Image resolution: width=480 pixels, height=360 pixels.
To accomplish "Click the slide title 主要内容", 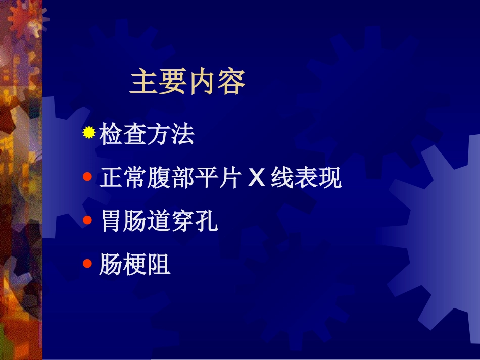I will [x=187, y=82].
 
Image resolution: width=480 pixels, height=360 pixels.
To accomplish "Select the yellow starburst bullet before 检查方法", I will [x=89, y=133].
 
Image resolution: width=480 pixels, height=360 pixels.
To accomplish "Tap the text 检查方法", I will [x=147, y=135].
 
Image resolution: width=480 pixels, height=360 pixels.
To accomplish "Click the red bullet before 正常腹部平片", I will [x=88, y=177].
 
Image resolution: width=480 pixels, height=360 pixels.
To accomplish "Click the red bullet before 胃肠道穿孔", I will [x=88, y=220].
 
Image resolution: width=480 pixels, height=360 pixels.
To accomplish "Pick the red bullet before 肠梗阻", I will [x=88, y=263].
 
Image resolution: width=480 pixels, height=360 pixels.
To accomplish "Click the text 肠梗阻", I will [x=135, y=265].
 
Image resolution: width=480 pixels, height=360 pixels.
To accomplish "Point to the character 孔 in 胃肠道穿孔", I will [x=207, y=222].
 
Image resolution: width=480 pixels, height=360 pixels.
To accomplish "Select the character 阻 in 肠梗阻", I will [x=159, y=265].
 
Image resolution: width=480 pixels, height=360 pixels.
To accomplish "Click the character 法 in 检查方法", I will [x=182, y=135].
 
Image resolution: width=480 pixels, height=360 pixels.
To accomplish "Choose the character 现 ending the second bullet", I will [x=330, y=178].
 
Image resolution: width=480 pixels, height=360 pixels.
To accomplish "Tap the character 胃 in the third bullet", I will [x=112, y=222].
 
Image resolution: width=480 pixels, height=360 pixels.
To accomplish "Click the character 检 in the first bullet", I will [x=111, y=135].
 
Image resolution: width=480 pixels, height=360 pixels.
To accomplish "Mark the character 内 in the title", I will [x=202, y=82].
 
